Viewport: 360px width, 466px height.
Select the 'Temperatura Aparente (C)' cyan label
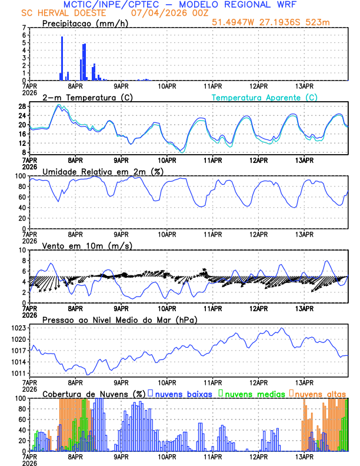(x=265, y=97)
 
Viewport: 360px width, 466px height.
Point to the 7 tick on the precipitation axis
(x=24, y=28)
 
